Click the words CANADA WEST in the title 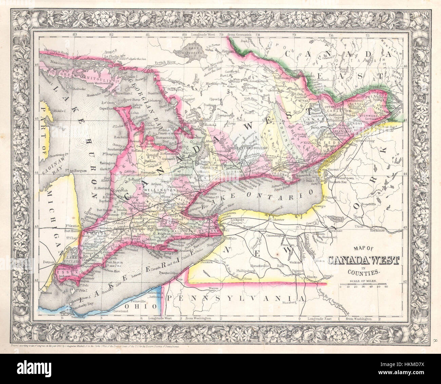pyautogui.click(x=363, y=261)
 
